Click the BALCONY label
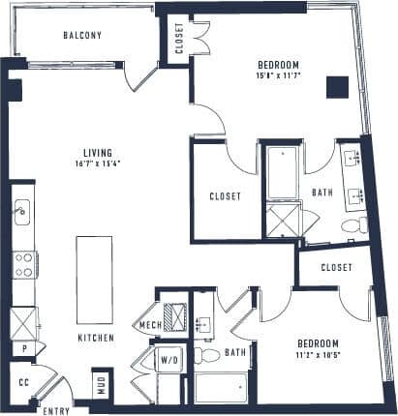tap(82, 36)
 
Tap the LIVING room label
tap(97, 153)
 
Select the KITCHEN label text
tap(97, 338)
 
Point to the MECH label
tap(149, 325)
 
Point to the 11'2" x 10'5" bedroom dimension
tap(317, 355)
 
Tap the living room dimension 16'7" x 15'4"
tap(97, 163)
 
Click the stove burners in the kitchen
tap(23, 263)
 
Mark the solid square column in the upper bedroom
tap(336, 87)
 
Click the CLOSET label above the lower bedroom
tap(334, 266)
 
